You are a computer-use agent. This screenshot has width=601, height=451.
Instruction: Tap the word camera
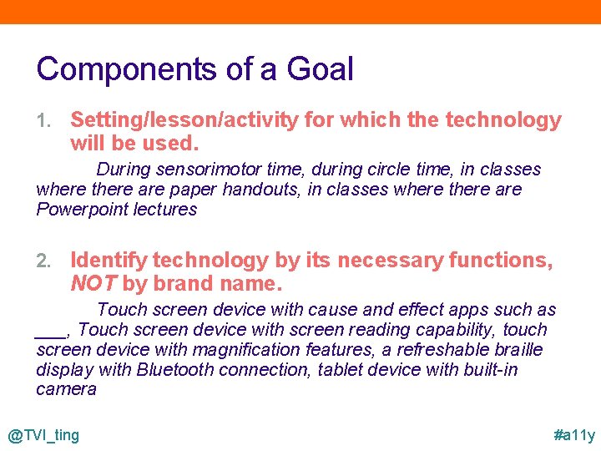(67, 389)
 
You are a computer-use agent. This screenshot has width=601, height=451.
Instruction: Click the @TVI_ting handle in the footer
(43, 435)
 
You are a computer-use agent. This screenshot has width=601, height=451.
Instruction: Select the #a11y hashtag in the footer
(574, 435)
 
